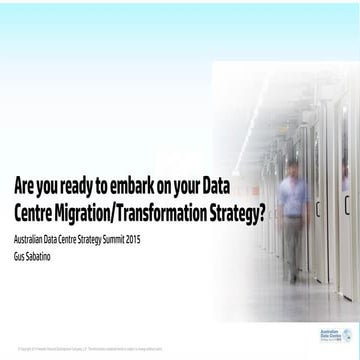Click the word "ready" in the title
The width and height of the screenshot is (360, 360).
(81, 186)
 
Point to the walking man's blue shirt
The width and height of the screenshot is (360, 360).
(320, 195)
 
